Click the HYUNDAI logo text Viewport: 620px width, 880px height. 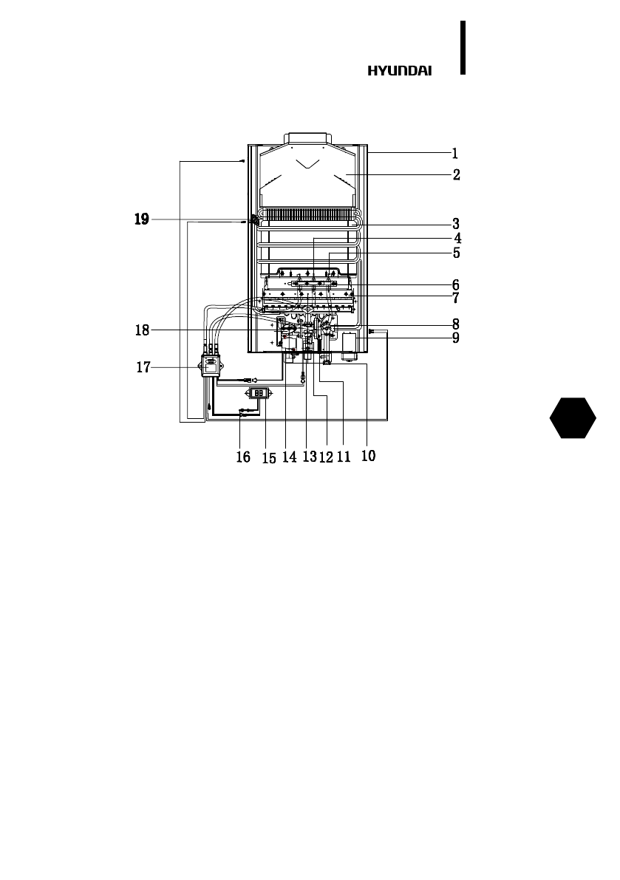[x=400, y=71]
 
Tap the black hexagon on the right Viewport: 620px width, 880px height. [x=573, y=418]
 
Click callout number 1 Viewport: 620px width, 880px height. [x=455, y=153]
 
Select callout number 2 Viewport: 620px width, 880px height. [x=456, y=174]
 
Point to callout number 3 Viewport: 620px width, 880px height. [x=456, y=225]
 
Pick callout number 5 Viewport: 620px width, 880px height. [x=457, y=253]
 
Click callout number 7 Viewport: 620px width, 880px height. [x=456, y=298]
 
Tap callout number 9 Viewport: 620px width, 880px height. [x=456, y=338]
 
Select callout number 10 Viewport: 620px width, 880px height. [x=368, y=456]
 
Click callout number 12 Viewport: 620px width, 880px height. [x=326, y=457]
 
